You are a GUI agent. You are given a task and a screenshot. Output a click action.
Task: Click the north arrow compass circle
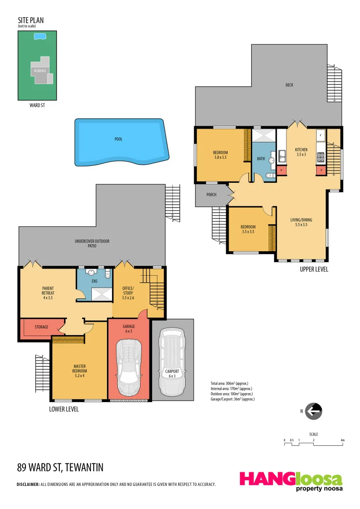tap(313, 411)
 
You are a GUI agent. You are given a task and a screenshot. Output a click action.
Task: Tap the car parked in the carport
tap(172, 361)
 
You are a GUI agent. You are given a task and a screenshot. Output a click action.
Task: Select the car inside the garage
tap(129, 367)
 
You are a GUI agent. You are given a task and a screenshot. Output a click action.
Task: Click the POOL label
tap(118, 139)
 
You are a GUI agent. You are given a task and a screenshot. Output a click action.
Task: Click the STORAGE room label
tap(41, 327)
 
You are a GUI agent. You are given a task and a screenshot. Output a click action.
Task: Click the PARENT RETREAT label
tap(48, 293)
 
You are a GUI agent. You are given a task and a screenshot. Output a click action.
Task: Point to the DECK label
tap(289, 85)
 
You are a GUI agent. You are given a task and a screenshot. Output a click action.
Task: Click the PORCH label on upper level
tap(211, 195)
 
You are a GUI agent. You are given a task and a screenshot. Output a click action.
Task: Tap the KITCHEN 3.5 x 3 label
tap(301, 152)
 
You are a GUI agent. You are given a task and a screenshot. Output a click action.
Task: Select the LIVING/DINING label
tap(301, 222)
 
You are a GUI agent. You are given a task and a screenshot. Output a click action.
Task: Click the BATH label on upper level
tap(261, 159)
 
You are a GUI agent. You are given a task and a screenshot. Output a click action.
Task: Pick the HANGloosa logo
tap(291, 481)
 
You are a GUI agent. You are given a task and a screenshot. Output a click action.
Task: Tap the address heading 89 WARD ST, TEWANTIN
tap(60, 468)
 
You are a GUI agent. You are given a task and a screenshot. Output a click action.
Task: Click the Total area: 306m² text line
tap(229, 383)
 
